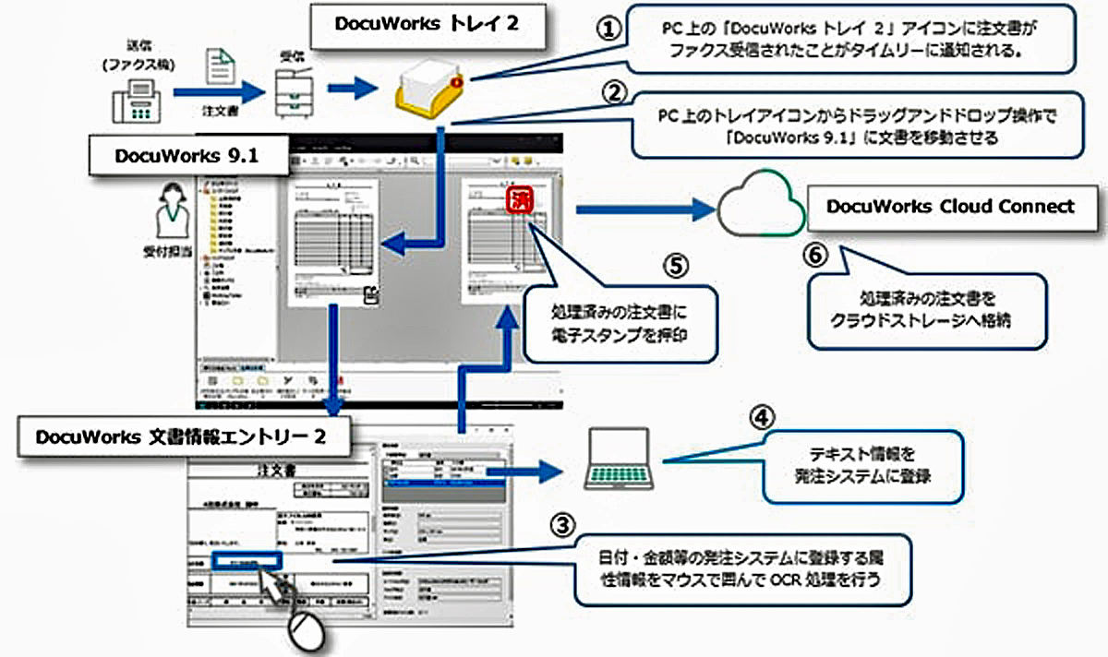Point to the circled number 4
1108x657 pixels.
[x=757, y=418]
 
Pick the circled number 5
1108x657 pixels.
[x=675, y=265]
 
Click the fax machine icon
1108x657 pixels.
[x=136, y=99]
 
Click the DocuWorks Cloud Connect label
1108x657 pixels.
[x=950, y=207]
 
